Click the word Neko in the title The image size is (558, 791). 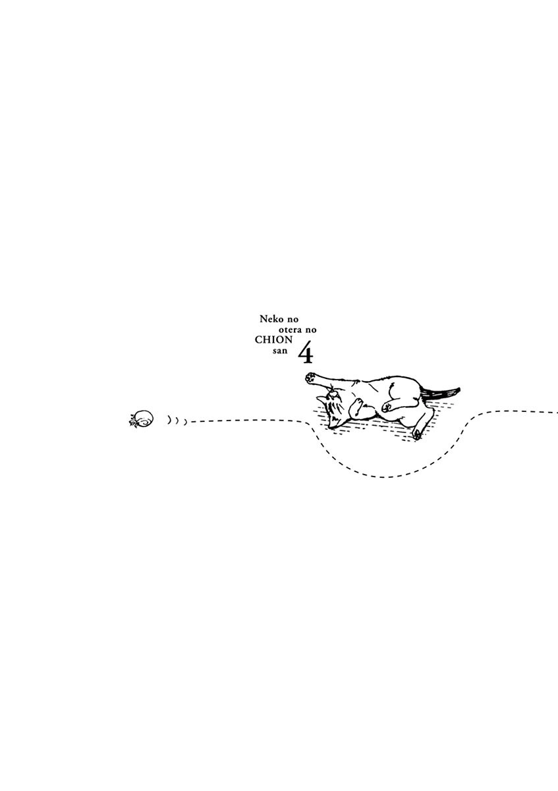(x=271, y=319)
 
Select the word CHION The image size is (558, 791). (x=274, y=340)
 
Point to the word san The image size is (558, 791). (x=280, y=351)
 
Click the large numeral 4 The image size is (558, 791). (x=306, y=353)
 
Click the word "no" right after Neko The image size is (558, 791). (x=293, y=320)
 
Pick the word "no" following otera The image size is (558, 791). (x=312, y=330)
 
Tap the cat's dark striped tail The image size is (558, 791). (x=441, y=393)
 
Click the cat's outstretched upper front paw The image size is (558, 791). (x=310, y=377)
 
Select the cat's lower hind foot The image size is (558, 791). (x=417, y=434)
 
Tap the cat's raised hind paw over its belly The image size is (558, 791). (x=387, y=406)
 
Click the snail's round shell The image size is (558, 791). (x=144, y=418)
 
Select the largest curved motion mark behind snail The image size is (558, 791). (x=169, y=419)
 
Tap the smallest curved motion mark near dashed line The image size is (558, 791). (x=185, y=421)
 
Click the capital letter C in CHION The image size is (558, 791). (x=258, y=340)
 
